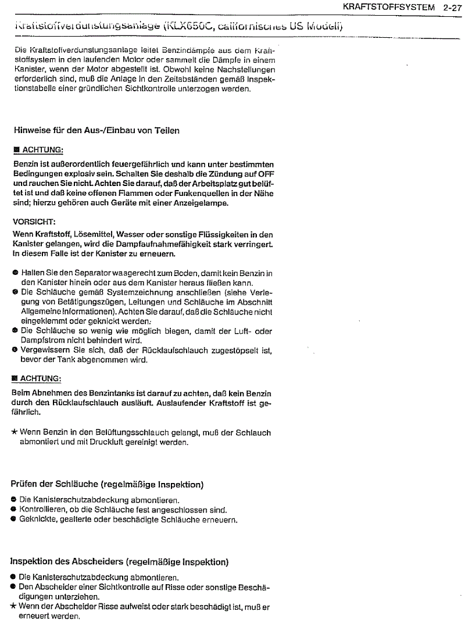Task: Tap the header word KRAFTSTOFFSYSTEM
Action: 389,8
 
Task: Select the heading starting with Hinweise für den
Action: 96,130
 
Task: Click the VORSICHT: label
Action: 34,222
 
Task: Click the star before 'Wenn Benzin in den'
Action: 15,432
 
